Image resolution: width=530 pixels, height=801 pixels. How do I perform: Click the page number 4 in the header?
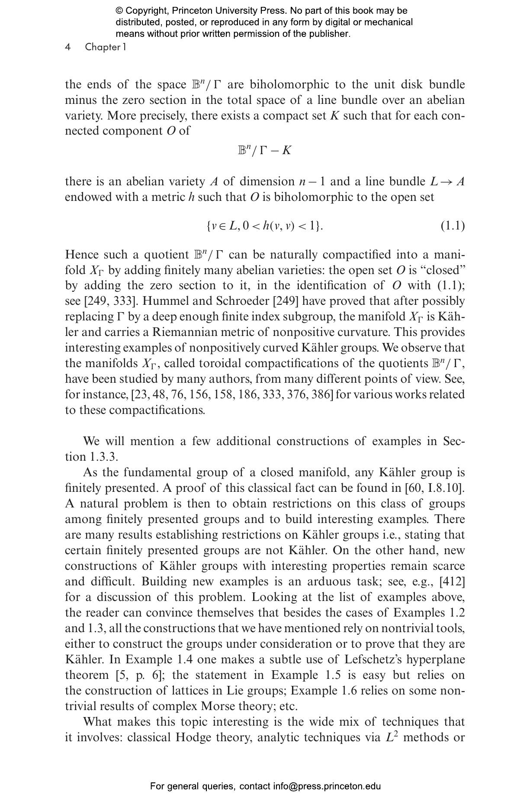coord(68,47)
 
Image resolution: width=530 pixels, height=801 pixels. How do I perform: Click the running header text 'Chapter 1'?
coord(105,47)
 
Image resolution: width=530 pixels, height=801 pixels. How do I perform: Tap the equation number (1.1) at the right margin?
coord(453,226)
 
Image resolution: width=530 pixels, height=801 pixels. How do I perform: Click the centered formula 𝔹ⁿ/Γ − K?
coord(265,150)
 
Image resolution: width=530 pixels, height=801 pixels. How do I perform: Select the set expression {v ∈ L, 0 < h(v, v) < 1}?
coord(264,226)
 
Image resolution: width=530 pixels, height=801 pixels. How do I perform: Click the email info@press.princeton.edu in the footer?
coord(327,786)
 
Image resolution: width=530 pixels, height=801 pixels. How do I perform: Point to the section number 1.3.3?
coord(103,457)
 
